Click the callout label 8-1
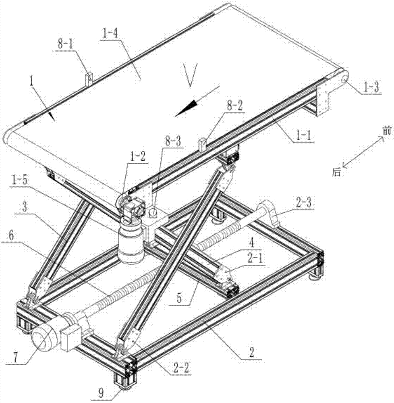tap(65, 44)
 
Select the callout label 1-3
tap(371, 87)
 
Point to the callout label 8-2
tap(235, 106)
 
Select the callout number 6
tap(11, 235)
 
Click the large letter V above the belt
tap(190, 75)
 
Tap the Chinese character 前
tap(386, 131)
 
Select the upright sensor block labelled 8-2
tap(203, 144)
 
